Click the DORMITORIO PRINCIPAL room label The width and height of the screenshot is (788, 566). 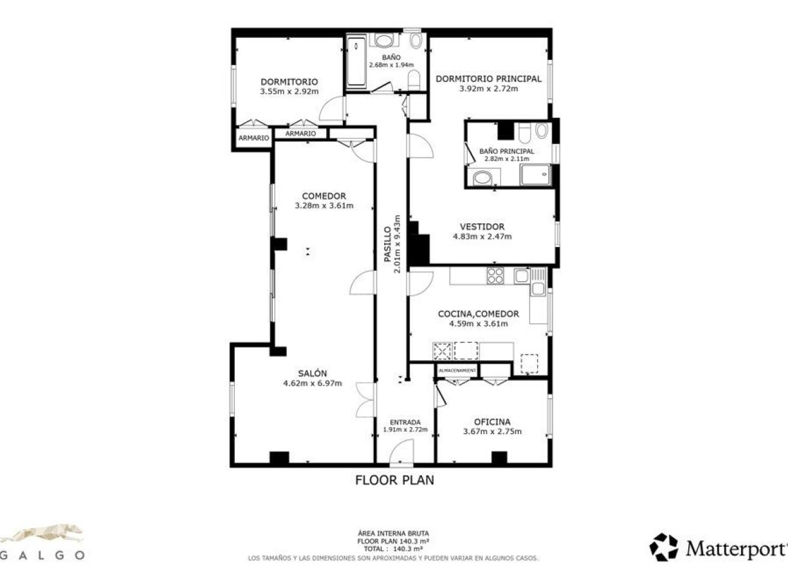click(x=488, y=79)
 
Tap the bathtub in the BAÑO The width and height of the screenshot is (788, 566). click(x=356, y=62)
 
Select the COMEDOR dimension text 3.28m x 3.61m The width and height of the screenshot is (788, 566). click(x=324, y=206)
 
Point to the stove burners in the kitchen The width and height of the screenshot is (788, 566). click(x=495, y=276)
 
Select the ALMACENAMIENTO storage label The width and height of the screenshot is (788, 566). click(x=457, y=371)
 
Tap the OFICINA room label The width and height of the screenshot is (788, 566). click(x=492, y=422)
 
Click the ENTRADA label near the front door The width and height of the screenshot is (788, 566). click(x=405, y=423)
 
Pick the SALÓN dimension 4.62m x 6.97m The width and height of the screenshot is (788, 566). click(x=312, y=383)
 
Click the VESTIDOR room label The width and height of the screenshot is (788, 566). click(x=482, y=226)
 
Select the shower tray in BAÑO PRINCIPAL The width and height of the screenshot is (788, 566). click(x=535, y=174)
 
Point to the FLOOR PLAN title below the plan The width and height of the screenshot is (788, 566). click(x=394, y=480)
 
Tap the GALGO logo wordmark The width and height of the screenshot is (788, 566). click(x=42, y=554)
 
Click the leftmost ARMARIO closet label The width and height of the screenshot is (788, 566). click(x=253, y=138)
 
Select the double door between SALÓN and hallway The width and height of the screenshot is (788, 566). click(x=365, y=400)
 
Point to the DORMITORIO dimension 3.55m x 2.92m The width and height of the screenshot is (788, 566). click(x=289, y=92)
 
